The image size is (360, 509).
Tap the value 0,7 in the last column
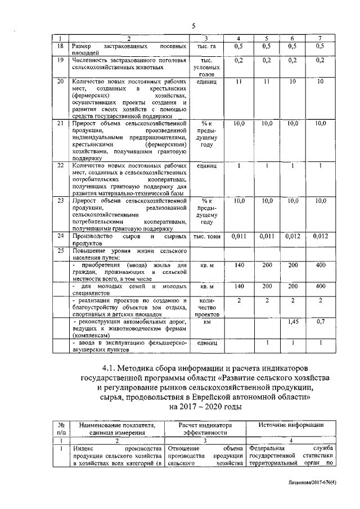click(320, 322)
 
